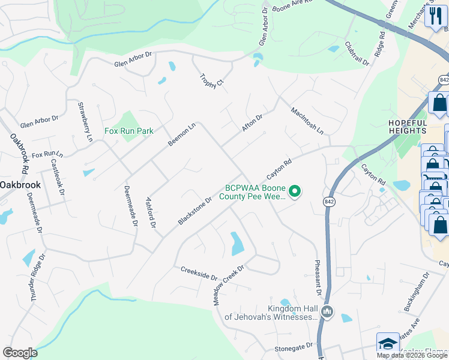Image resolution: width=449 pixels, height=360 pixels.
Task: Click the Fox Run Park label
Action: click(129, 131)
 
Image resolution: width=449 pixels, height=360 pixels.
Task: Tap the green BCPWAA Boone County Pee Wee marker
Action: click(295, 191)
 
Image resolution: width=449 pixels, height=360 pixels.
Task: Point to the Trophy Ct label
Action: click(211, 80)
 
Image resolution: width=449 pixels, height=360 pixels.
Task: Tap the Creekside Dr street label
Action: click(199, 272)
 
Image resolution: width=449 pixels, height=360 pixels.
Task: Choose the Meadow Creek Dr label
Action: click(229, 286)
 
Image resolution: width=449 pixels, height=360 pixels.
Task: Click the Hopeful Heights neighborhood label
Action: click(408, 127)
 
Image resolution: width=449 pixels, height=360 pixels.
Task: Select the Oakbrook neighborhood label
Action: click(20, 185)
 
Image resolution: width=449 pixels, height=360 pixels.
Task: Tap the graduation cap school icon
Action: click(388, 344)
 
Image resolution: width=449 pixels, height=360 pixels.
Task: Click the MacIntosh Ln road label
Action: click(307, 120)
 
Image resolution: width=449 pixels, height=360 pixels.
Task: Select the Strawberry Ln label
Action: click(85, 122)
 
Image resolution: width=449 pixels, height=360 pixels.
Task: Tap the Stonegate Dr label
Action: click(294, 346)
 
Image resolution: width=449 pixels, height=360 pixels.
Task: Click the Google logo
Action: click(20, 353)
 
